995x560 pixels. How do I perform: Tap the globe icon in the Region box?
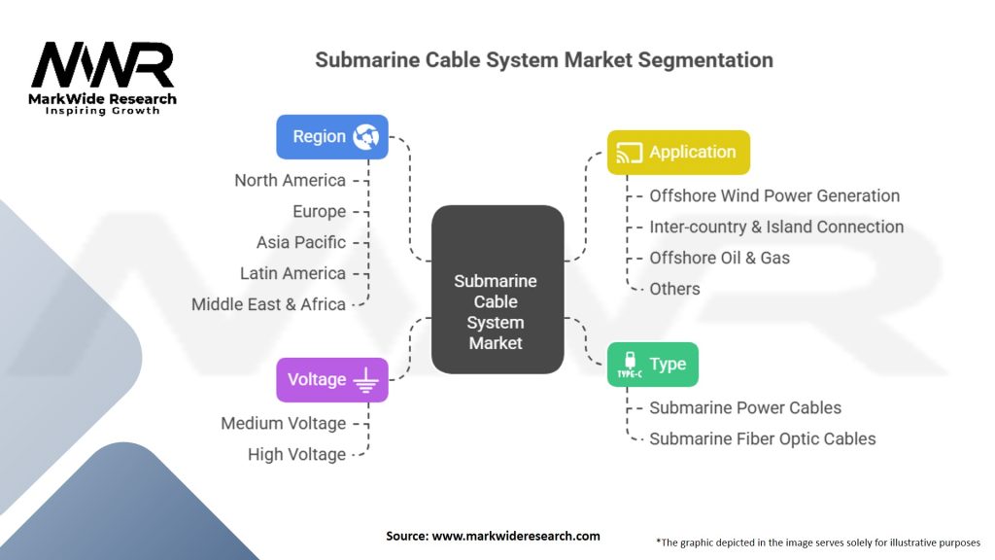pyautogui.click(x=366, y=137)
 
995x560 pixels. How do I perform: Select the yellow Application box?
pyautogui.click(x=678, y=153)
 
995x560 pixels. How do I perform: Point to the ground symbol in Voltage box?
pyautogui.click(x=365, y=381)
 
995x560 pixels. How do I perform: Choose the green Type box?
pyautogui.click(x=652, y=365)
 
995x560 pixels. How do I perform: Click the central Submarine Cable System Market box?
pyautogui.click(x=497, y=290)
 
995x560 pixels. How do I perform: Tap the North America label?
pyautogui.click(x=290, y=180)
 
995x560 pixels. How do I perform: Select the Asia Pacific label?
pyautogui.click(x=300, y=242)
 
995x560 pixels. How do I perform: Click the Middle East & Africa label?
pyautogui.click(x=268, y=304)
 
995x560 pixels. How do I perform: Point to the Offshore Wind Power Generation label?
pyautogui.click(x=774, y=195)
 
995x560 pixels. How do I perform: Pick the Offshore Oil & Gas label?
pyautogui.click(x=719, y=258)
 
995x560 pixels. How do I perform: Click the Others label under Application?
pyautogui.click(x=674, y=289)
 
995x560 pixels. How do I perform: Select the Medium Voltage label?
pyautogui.click(x=283, y=423)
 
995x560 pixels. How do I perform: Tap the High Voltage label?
pyautogui.click(x=296, y=454)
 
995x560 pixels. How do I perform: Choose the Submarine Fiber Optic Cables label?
pyautogui.click(x=762, y=438)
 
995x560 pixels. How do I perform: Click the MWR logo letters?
pyautogui.click(x=102, y=66)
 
